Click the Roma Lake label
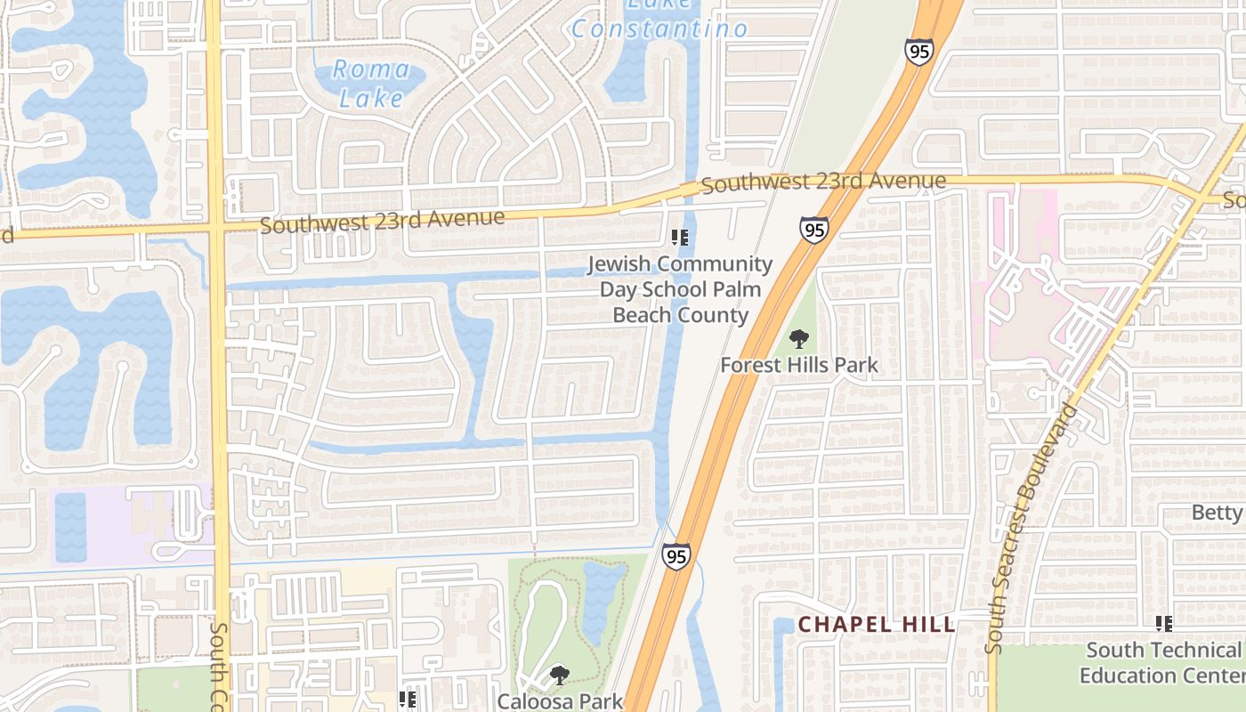371,84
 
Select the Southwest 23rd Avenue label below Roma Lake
382,220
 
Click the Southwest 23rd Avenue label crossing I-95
823,182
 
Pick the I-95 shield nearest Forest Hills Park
813,230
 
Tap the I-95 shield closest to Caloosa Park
676,557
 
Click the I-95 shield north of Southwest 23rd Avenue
919,50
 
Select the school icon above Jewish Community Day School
680,238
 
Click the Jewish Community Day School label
680,289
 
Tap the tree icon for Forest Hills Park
799,339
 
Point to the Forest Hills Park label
798,365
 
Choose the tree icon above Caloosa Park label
559,676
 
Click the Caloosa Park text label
559,700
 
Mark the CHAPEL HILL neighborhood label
877,625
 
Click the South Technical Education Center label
1162,663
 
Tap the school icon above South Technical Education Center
1163,624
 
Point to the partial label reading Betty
1216,513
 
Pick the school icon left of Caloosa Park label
408,700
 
